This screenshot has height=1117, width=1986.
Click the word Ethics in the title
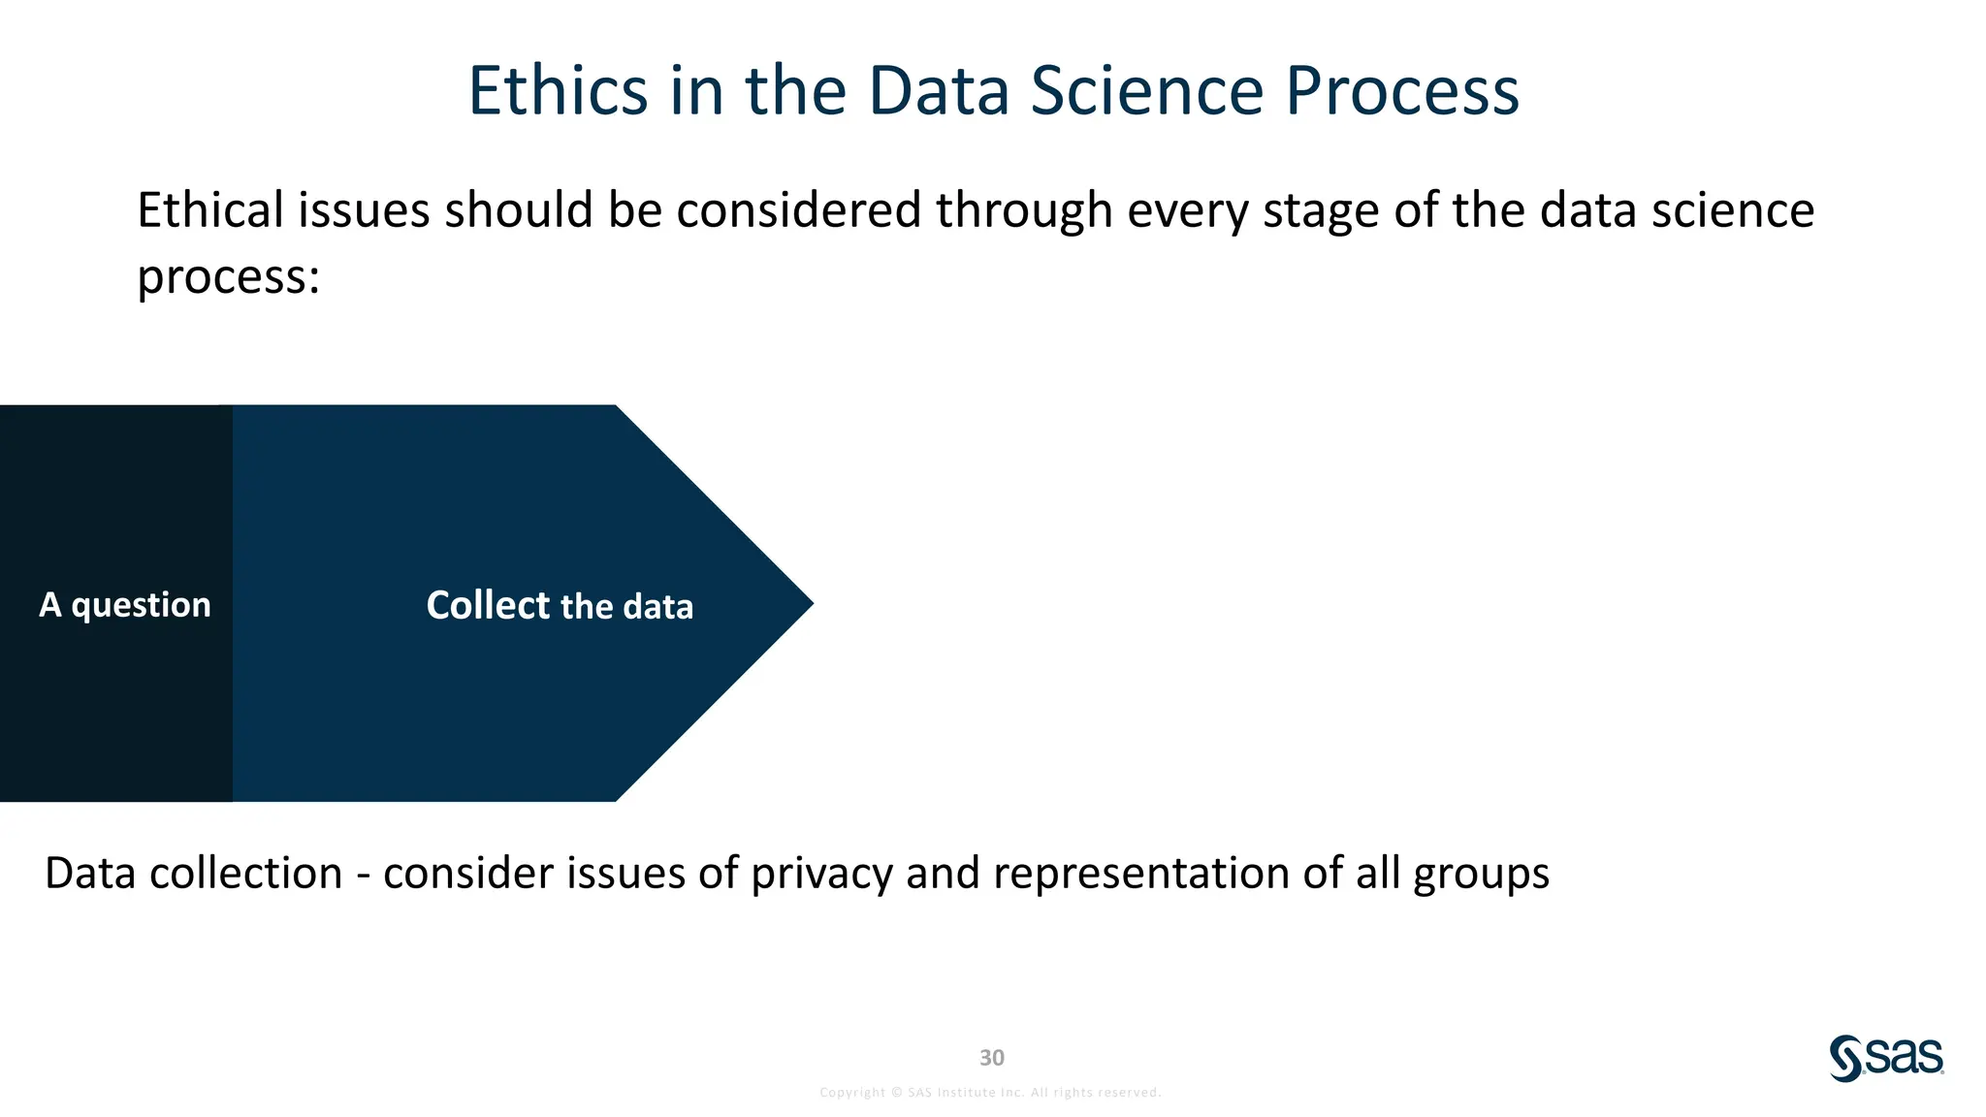pyautogui.click(x=558, y=91)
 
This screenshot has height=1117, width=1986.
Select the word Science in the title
pyautogui.click(x=1146, y=91)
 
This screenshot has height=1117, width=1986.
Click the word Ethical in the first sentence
pyautogui.click(x=210, y=210)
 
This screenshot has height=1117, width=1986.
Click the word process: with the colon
pyautogui.click(x=228, y=278)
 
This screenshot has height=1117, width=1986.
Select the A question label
pyautogui.click(x=124, y=604)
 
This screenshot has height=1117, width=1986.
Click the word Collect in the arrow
pyautogui.click(x=488, y=605)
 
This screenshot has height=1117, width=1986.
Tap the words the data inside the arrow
pyautogui.click(x=626, y=607)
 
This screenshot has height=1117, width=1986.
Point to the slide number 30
pyautogui.click(x=991, y=1057)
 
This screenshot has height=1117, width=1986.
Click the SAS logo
pyautogui.click(x=1886, y=1058)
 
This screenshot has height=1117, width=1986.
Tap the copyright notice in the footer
pyautogui.click(x=990, y=1092)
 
